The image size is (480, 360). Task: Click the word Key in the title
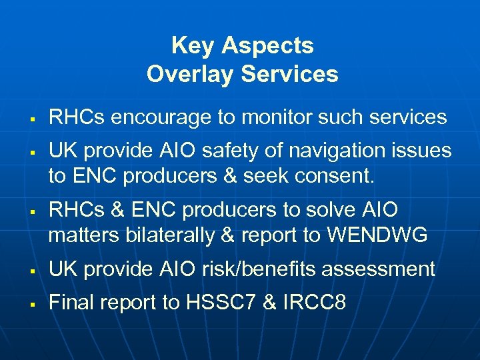point(193,46)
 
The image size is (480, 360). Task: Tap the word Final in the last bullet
point(73,303)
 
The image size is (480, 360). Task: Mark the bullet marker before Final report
point(32,304)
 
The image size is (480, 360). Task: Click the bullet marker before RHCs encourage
point(32,119)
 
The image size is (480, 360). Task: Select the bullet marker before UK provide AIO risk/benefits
point(32,271)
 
